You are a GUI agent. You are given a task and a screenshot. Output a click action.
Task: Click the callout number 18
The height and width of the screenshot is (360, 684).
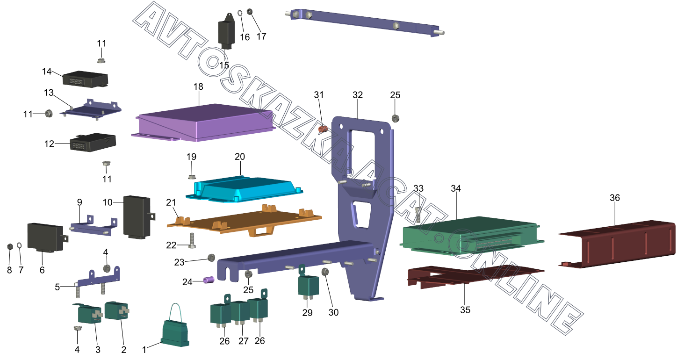coord(198,87)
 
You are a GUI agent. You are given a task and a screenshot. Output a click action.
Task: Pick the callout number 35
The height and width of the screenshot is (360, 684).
coord(465,310)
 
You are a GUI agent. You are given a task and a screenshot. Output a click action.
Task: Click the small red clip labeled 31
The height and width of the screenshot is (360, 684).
coord(322,128)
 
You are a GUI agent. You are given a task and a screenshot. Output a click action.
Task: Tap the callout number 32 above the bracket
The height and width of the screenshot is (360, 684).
coord(358,95)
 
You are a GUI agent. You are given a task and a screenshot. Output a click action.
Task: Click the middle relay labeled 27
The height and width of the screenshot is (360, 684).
coord(241,312)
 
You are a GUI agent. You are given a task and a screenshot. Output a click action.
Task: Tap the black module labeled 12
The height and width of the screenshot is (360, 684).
coord(92,142)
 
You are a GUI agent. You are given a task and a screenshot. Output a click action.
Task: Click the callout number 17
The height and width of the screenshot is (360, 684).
coord(261,36)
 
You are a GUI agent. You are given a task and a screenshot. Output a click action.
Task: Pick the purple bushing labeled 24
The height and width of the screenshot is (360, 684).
coord(209,281)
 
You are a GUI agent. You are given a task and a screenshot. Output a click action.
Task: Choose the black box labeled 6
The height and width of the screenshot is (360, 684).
coord(45,237)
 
